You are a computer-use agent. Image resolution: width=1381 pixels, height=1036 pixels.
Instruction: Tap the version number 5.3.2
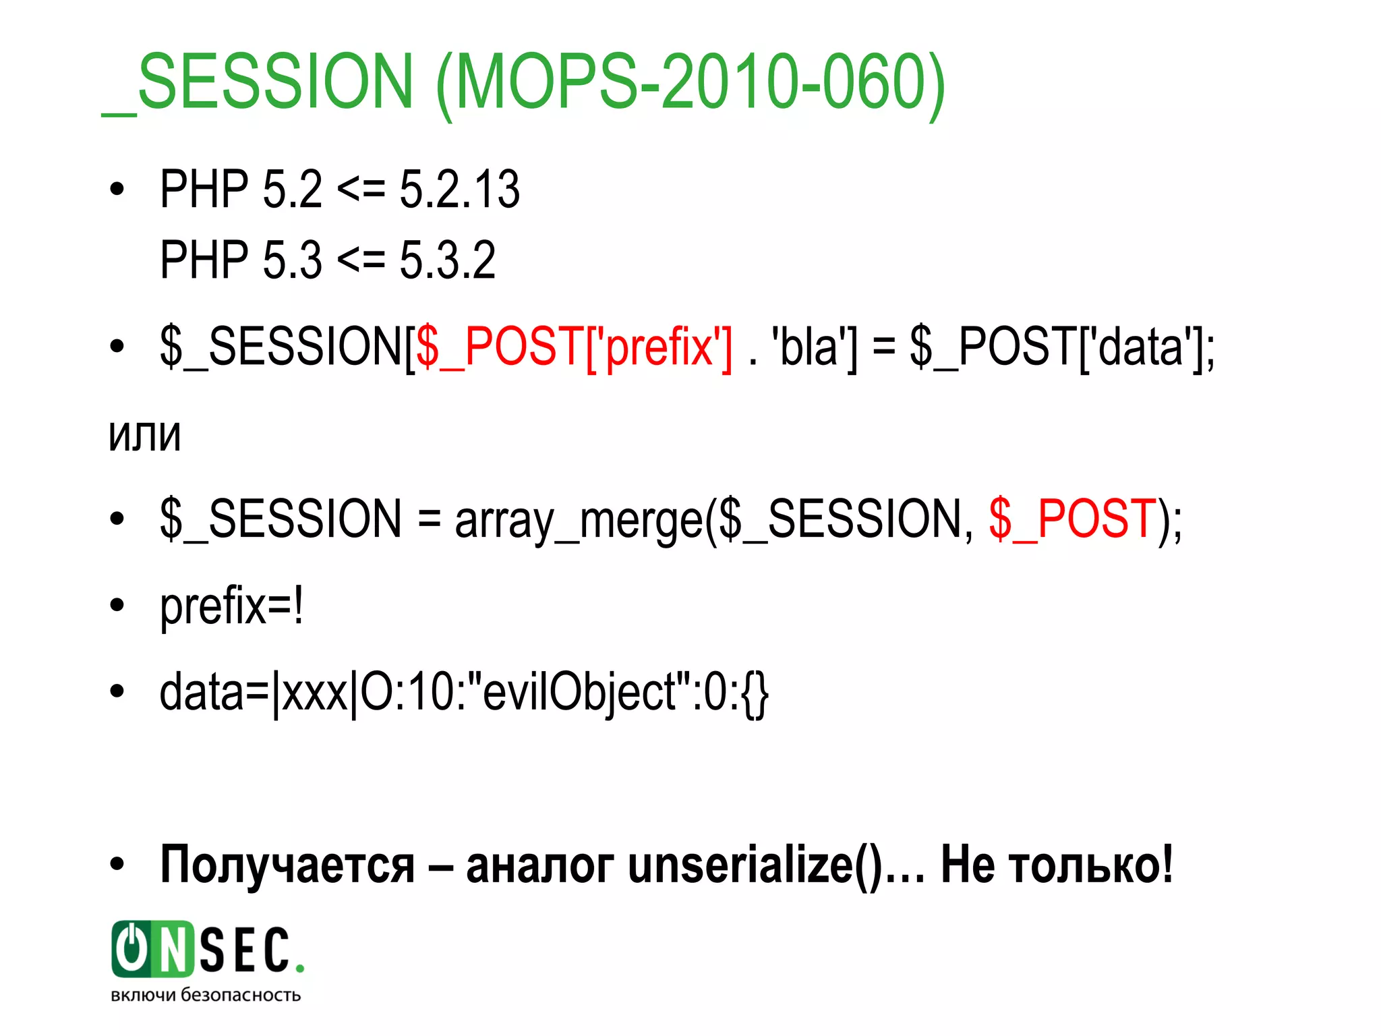pyautogui.click(x=448, y=260)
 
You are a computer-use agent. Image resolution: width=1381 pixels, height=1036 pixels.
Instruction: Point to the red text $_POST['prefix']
pyautogui.click(x=574, y=347)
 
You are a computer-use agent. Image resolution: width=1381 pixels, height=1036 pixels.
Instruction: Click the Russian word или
pyautogui.click(x=145, y=435)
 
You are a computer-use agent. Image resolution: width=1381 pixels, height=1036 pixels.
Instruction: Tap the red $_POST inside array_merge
pyautogui.click(x=1073, y=519)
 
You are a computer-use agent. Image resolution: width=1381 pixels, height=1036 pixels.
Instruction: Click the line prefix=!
pyautogui.click(x=231, y=606)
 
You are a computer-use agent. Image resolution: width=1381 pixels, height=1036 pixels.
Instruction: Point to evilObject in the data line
pyautogui.click(x=580, y=693)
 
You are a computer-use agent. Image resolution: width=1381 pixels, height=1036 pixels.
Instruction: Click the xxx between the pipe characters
pyautogui.click(x=314, y=693)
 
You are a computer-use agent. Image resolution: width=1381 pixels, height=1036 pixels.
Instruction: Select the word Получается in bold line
pyautogui.click(x=287, y=865)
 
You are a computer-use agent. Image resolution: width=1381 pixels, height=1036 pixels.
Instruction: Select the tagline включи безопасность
pyautogui.click(x=206, y=996)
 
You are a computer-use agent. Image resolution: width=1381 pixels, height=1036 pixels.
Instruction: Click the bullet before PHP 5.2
pyautogui.click(x=117, y=190)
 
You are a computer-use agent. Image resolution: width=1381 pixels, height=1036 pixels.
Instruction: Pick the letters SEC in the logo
pyautogui.click(x=246, y=950)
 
